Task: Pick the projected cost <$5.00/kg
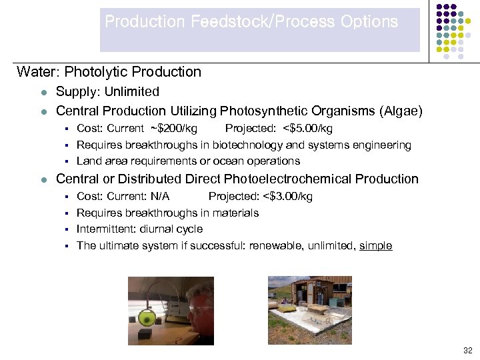307,129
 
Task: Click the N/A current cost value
160,197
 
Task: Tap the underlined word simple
375,246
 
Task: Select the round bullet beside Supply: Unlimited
43,93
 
